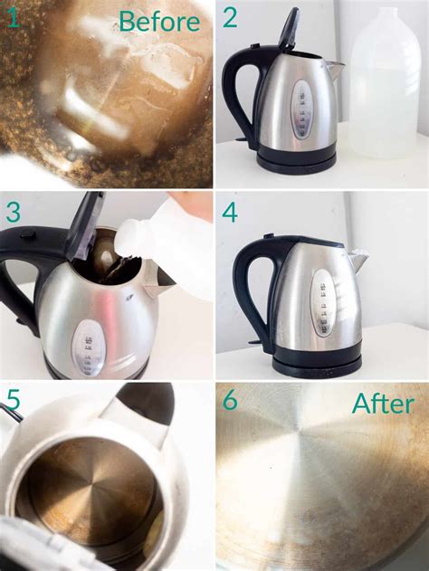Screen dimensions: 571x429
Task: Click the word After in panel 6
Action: pos(382,404)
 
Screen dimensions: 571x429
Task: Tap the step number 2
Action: pos(230,17)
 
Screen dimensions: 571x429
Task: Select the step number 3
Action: pos(14,213)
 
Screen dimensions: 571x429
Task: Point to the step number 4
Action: pos(231,214)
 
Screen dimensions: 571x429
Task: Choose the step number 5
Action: pos(14,399)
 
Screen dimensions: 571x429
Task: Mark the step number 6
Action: pos(231,400)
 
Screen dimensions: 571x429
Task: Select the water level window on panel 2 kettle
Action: pos(302,109)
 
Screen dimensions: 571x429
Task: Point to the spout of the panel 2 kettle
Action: pos(334,68)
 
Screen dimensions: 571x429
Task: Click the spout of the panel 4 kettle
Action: pos(359,262)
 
